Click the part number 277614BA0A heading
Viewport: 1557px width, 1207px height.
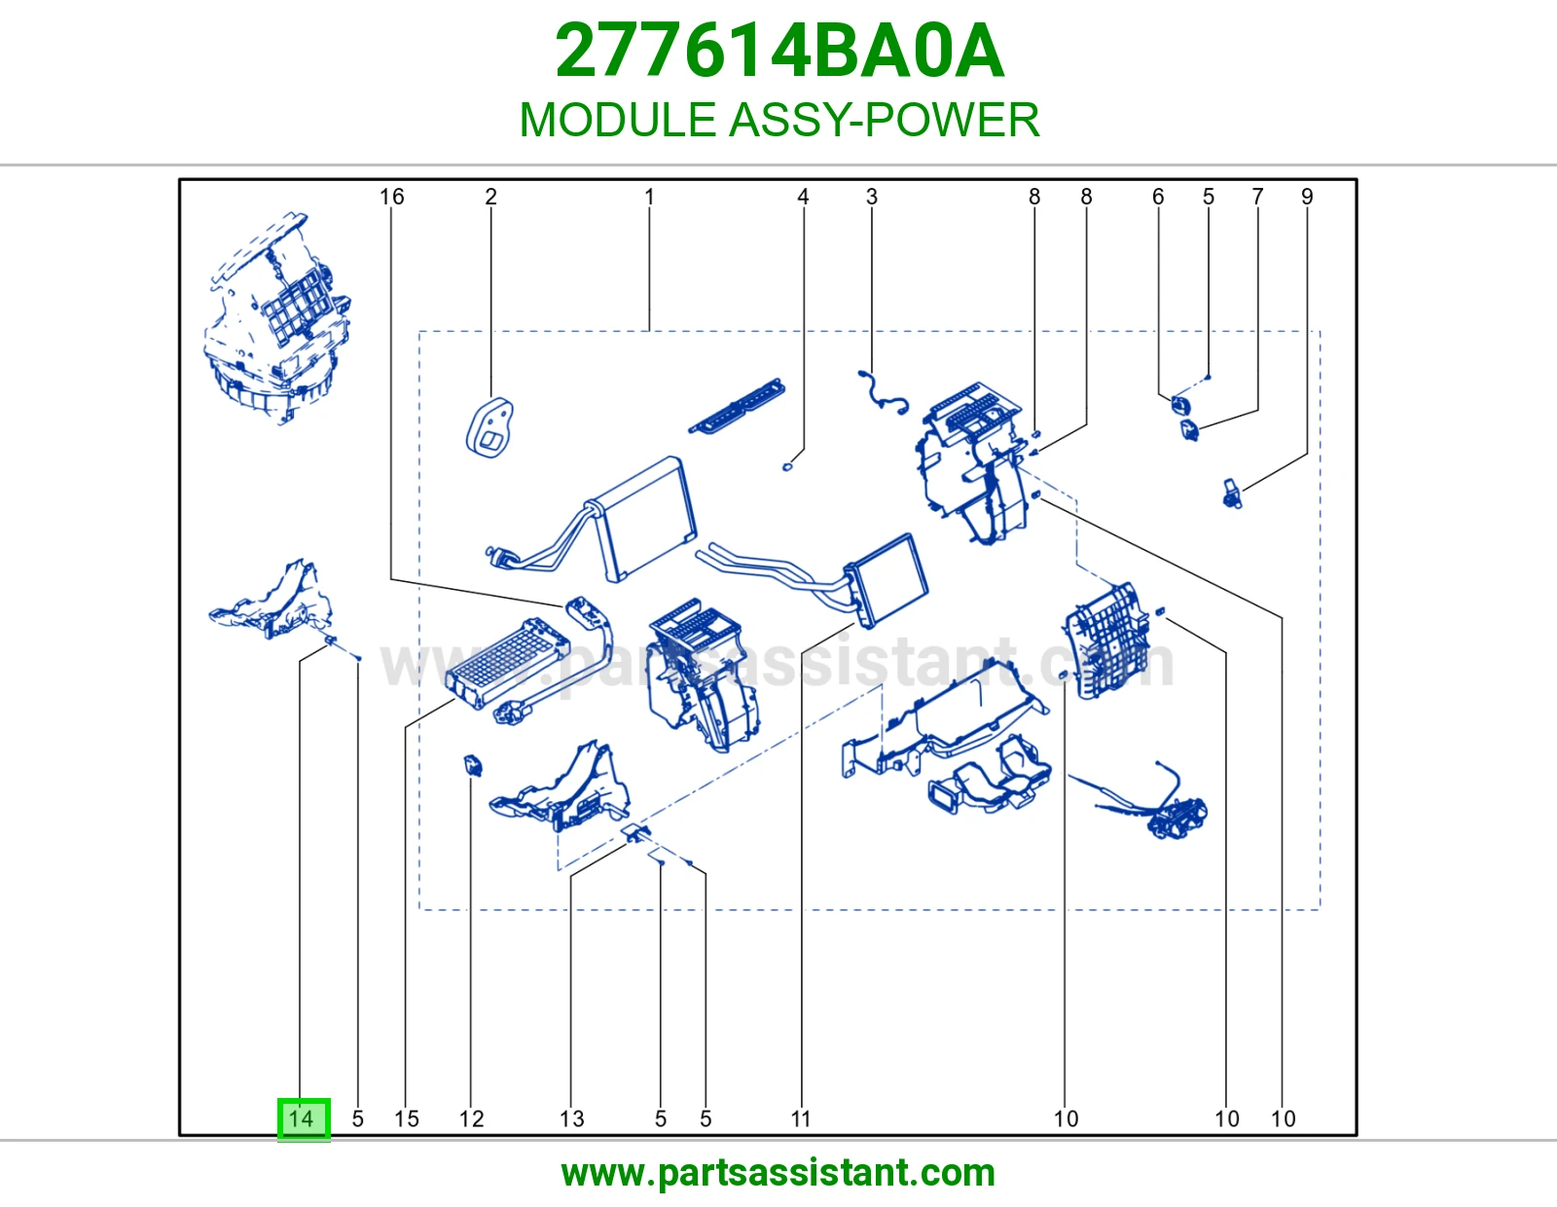pyautogui.click(x=779, y=51)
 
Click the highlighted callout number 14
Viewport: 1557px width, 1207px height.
pyautogui.click(x=303, y=1118)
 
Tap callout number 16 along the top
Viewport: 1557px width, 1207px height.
pyautogui.click(x=391, y=197)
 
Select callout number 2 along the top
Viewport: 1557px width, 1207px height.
pyautogui.click(x=490, y=197)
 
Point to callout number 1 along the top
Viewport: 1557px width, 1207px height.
pyautogui.click(x=649, y=197)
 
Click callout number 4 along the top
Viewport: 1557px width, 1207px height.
pyautogui.click(x=803, y=197)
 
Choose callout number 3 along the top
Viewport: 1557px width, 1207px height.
pyautogui.click(x=871, y=197)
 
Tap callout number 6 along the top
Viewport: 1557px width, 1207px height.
pyautogui.click(x=1158, y=197)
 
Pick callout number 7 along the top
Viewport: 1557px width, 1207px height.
pyautogui.click(x=1257, y=197)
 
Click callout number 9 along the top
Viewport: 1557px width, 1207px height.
pyautogui.click(x=1307, y=197)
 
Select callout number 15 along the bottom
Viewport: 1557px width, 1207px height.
pyautogui.click(x=406, y=1118)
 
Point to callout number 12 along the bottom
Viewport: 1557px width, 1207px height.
pyautogui.click(x=471, y=1118)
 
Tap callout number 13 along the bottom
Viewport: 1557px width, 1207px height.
pyautogui.click(x=572, y=1118)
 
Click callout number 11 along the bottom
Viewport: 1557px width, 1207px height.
pyautogui.click(x=801, y=1118)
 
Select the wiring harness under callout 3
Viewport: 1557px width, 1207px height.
pyautogui.click(x=884, y=392)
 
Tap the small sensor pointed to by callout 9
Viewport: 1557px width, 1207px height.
pyautogui.click(x=1232, y=494)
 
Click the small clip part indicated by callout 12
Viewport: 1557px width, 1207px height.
pyautogui.click(x=473, y=765)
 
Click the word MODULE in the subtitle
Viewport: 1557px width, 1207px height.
pyautogui.click(x=618, y=120)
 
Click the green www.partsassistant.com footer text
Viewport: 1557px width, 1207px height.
pyautogui.click(x=778, y=1174)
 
